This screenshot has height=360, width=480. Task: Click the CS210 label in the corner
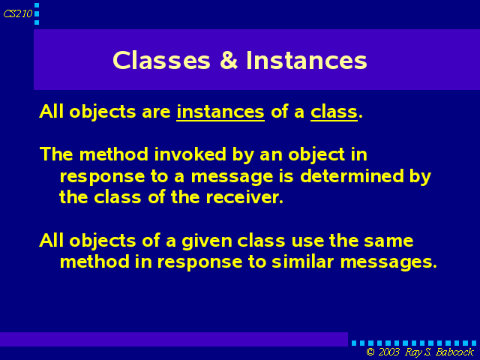(x=18, y=13)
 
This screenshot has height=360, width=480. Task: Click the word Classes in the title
(x=162, y=60)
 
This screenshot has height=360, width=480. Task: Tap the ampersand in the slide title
(x=229, y=60)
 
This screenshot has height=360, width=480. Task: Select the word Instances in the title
(x=307, y=60)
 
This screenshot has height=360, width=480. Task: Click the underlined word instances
(x=220, y=112)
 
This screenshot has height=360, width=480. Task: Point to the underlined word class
(x=334, y=112)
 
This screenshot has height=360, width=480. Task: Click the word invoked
(x=190, y=154)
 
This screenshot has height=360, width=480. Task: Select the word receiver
(x=244, y=197)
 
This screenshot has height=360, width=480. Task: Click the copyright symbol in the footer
(x=370, y=352)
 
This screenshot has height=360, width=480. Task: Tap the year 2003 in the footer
(x=388, y=352)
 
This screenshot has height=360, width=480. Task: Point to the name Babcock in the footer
(x=455, y=352)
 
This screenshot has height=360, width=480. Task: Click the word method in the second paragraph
(x=114, y=154)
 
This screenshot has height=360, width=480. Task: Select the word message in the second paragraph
(x=232, y=177)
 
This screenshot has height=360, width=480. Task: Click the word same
(x=388, y=241)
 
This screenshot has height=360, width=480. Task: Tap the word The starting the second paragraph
(x=56, y=154)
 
